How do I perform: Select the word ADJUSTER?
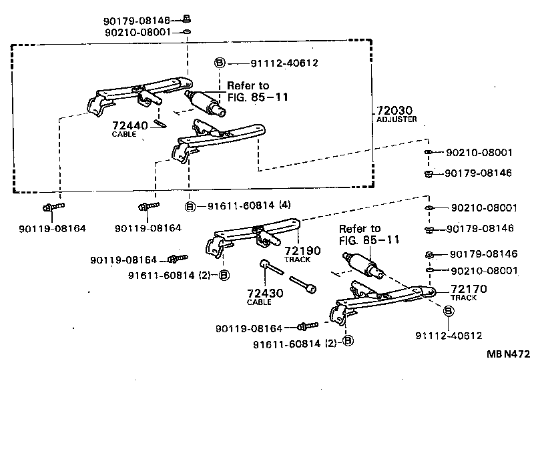pos(396,119)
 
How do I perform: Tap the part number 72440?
pos(128,125)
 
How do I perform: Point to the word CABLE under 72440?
pos(124,134)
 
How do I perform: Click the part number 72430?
pos(265,292)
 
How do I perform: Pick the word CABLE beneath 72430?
pos(260,302)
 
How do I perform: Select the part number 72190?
pos(303,250)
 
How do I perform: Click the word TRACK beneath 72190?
pos(298,260)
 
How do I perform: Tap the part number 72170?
pos(469,288)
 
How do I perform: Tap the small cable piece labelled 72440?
pos(159,123)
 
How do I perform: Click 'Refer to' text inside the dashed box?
pos(248,85)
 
